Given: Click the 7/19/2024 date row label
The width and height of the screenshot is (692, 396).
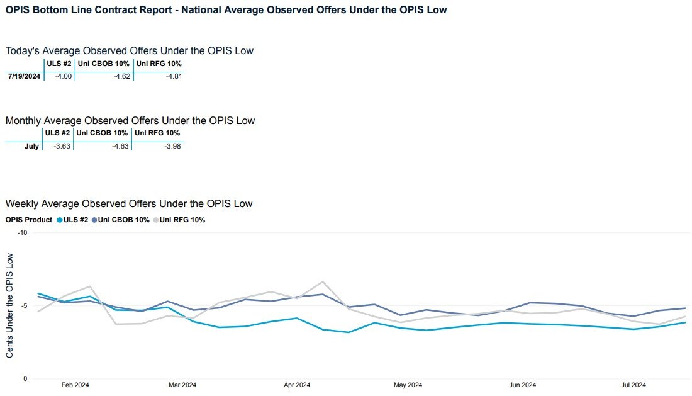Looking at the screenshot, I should pos(24,76).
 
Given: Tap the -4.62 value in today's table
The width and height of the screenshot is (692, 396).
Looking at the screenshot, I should pos(121,76).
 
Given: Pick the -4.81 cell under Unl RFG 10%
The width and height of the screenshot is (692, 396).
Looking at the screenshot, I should pos(173,76).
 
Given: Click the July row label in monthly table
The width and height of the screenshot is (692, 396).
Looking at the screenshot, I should pos(31,146).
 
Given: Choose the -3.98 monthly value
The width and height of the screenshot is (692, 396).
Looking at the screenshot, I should pos(171,146).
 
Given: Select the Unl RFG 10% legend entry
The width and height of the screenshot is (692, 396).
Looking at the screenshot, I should pos(182,220).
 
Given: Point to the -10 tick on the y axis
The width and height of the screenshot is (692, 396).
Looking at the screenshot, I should pos(23,233).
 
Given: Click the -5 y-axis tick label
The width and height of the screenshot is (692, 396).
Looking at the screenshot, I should pos(24,306).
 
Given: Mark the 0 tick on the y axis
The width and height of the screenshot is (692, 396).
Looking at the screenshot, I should pos(26,379).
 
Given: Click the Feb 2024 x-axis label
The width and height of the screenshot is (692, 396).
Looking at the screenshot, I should pos(74,385).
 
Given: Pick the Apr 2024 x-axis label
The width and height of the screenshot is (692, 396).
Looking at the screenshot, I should pos(297,385).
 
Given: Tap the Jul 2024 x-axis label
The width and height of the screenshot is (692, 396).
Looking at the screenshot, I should pos(633,385).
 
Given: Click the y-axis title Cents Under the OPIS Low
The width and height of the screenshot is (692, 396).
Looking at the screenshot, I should pos(9,305).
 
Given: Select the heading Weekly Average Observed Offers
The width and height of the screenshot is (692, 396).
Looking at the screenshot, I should pos(129,204).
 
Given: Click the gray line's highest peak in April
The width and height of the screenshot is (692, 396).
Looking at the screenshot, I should pos(323,281).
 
